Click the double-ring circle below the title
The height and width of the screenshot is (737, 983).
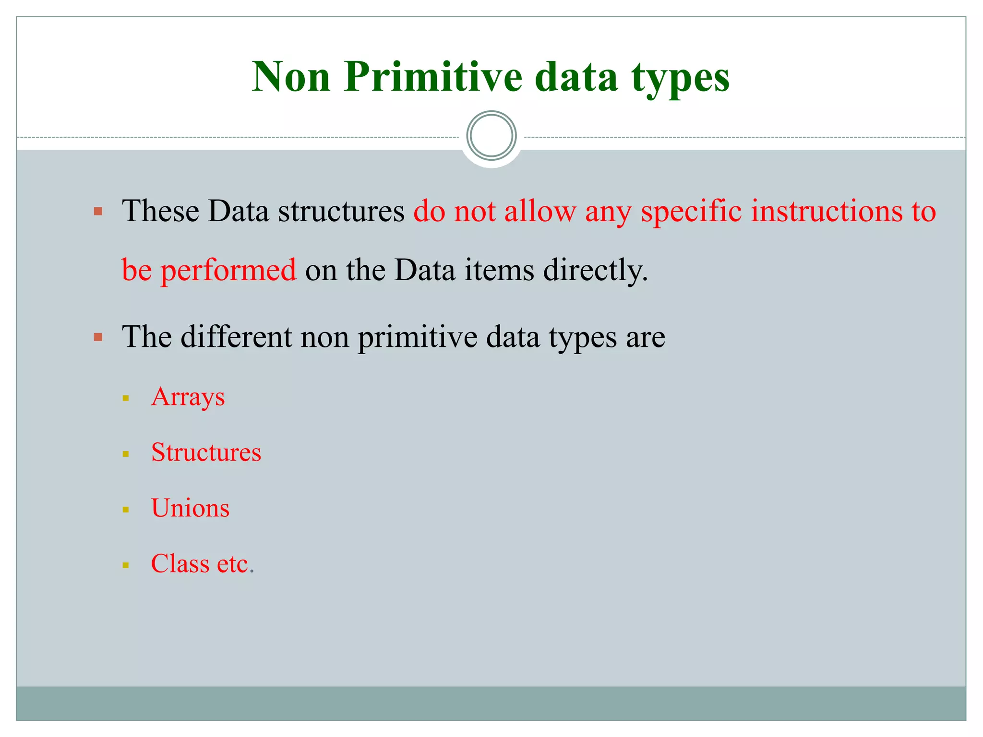pos(491,136)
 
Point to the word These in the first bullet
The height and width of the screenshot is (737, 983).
pos(160,211)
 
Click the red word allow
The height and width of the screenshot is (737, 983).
pos(540,211)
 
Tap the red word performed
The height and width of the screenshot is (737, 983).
pos(228,270)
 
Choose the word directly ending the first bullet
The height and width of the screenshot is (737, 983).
pos(596,270)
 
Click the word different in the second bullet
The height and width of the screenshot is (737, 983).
pos(236,336)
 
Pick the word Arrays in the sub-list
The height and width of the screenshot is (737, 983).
pos(188,397)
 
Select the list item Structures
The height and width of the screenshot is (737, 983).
pos(206,452)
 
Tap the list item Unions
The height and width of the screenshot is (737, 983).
pos(190,508)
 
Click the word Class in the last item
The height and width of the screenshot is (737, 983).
pos(180,563)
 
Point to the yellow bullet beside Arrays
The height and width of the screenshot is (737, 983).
pos(126,398)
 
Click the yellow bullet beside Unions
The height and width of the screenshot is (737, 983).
pos(126,510)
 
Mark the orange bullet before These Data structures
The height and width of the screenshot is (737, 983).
pos(98,211)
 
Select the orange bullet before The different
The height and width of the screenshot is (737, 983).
pos(98,337)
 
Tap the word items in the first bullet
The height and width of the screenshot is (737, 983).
pos(499,270)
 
